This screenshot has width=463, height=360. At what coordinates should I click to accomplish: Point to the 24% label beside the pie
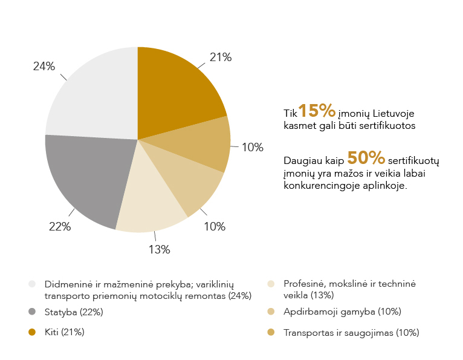point(44,67)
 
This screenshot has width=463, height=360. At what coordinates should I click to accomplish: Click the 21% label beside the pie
point(221,57)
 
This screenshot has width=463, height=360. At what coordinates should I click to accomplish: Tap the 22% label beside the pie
point(60,227)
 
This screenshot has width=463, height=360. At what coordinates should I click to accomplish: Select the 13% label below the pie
point(160,249)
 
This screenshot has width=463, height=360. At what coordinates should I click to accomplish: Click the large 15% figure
point(317,111)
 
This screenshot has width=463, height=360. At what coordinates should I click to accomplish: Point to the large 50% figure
point(366,158)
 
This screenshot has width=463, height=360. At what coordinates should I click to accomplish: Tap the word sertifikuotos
point(388,126)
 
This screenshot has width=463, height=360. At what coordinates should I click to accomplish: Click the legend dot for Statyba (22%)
point(31,312)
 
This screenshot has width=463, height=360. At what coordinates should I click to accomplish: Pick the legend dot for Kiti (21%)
point(31,332)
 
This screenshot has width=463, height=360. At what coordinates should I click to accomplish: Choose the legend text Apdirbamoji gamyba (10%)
point(342,312)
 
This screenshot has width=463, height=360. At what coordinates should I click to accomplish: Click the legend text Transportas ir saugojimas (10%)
point(351,332)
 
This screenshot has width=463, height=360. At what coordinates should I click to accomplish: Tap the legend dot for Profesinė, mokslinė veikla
point(271,284)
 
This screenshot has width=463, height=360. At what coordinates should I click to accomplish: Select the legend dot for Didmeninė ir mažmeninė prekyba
point(31,284)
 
